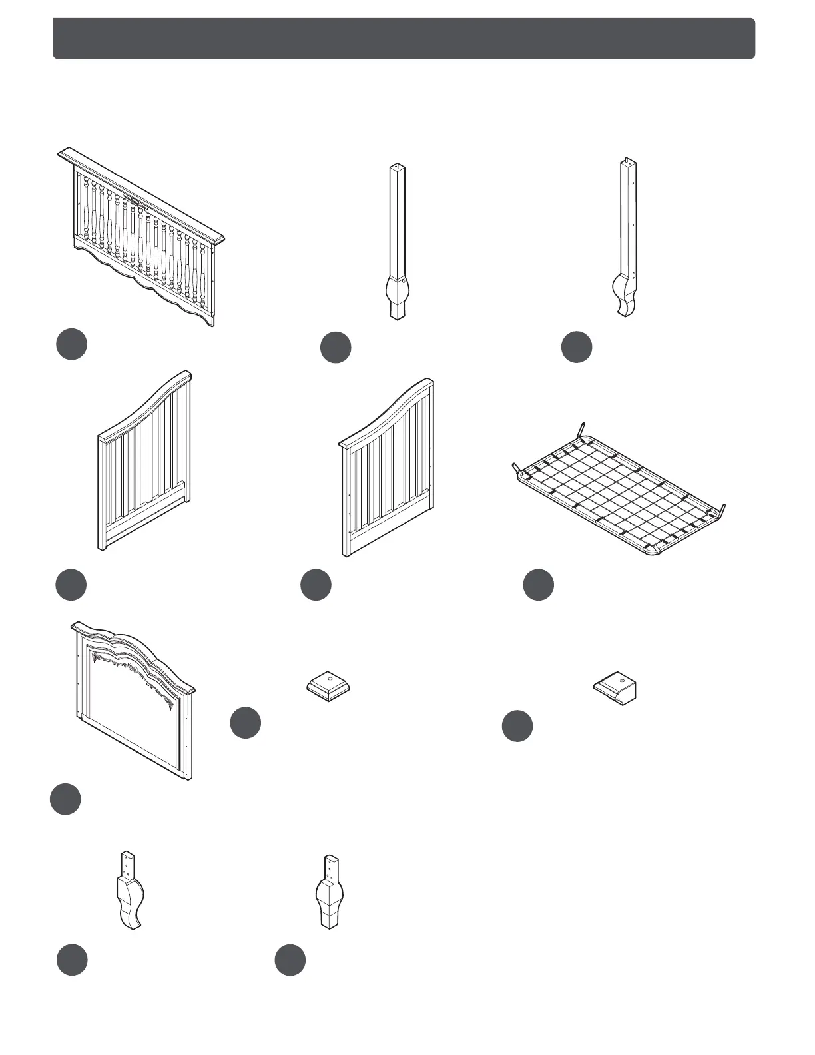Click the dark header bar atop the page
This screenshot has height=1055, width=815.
[404, 39]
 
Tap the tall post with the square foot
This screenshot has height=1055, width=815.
[398, 240]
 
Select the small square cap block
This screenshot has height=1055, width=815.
[328, 686]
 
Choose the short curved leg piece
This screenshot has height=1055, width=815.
[130, 891]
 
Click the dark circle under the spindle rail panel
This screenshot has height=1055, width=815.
[71, 344]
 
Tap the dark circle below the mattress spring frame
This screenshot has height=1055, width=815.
[538, 585]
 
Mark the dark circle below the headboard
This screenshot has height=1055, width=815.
[65, 799]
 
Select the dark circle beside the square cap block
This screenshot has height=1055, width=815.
[246, 723]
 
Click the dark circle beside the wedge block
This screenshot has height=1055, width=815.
[517, 726]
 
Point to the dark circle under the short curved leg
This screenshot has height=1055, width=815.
[71, 960]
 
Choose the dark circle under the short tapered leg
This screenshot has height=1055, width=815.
[290, 960]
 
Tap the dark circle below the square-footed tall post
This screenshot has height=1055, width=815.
[336, 348]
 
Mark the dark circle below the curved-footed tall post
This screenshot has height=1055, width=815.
[577, 347]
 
